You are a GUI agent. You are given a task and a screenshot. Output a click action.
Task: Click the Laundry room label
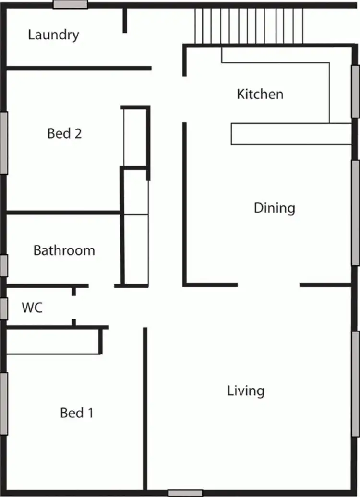pos(53,35)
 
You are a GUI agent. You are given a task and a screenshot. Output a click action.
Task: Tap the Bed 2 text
pos(64,133)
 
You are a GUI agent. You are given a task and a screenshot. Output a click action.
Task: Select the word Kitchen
pos(260,94)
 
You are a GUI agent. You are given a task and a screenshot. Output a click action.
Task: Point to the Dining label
pos(274,208)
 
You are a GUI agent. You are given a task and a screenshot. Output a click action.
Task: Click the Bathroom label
pos(64,250)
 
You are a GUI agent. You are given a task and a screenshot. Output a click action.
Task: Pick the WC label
pos(32,308)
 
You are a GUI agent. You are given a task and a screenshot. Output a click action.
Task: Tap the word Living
pos(246,390)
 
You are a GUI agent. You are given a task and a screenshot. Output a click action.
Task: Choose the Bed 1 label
pos(77,413)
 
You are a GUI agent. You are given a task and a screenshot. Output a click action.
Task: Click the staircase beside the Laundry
pos(249,25)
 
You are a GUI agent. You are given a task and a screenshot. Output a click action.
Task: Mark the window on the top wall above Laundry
pos(70,4)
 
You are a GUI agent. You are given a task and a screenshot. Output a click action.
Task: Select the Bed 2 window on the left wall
pos(4,143)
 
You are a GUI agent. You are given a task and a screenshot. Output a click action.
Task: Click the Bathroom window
pos(4,265)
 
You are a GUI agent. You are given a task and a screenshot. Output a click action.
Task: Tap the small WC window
pos(4,308)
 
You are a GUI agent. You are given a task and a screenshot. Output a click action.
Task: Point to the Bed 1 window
pos(4,404)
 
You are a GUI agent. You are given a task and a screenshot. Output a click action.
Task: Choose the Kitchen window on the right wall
pos(356,91)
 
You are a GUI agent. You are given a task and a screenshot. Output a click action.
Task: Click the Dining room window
pos(356,212)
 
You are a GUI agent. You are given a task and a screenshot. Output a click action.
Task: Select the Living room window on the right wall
pos(356,384)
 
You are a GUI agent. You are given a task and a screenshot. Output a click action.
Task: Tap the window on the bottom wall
pos(185,493)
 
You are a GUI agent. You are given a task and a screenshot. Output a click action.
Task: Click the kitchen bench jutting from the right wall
pos(291,134)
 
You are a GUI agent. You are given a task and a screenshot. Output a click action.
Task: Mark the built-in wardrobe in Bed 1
pos(52,342)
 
